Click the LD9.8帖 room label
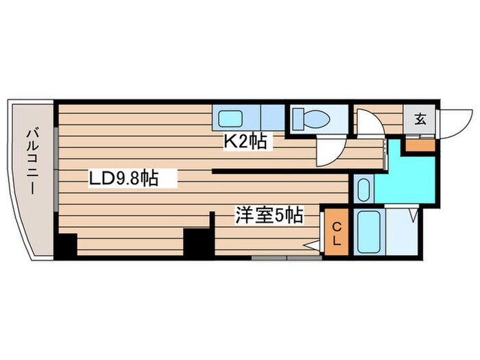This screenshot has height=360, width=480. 123,179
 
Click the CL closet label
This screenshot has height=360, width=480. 337,234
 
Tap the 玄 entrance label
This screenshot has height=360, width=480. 419,119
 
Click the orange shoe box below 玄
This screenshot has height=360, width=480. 418,144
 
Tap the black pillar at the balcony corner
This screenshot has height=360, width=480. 66,245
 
